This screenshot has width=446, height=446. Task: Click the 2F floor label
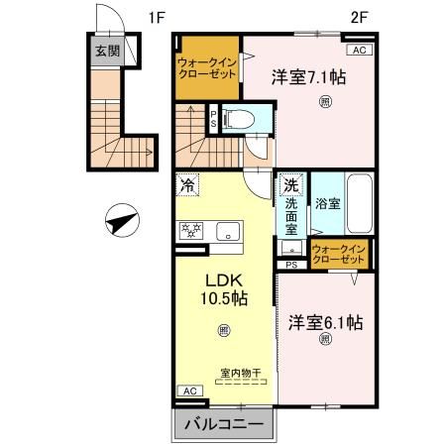tap(360, 17)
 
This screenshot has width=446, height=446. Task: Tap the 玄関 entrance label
tap(106, 52)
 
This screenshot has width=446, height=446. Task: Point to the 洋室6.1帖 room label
tap(325, 323)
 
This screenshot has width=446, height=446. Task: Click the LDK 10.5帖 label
tap(225, 288)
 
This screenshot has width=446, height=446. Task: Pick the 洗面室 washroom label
tap(292, 211)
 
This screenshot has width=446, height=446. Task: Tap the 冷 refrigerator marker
tap(188, 184)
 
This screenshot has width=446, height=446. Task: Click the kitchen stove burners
tap(190, 231)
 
